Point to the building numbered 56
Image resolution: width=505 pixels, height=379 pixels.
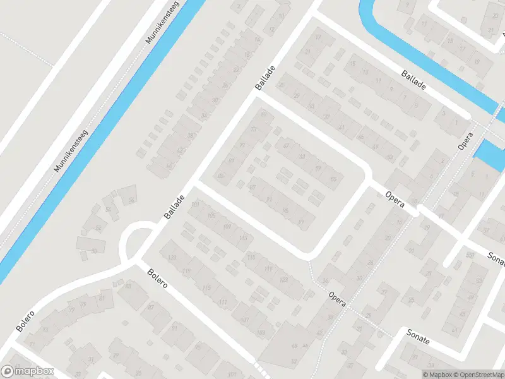(x=131, y=200)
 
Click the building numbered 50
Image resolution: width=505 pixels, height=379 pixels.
(x=94, y=251)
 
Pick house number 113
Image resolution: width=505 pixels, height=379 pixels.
(x=243, y=238)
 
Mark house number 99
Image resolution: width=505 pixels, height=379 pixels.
(x=301, y=220)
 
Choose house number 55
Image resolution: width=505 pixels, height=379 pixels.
(x=333, y=179)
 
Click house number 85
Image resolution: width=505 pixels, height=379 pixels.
(x=220, y=176)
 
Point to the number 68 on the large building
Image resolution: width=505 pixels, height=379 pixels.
(x=294, y=346)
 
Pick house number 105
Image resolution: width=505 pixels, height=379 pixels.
(x=211, y=216)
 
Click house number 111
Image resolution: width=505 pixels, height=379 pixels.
(x=223, y=303)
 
